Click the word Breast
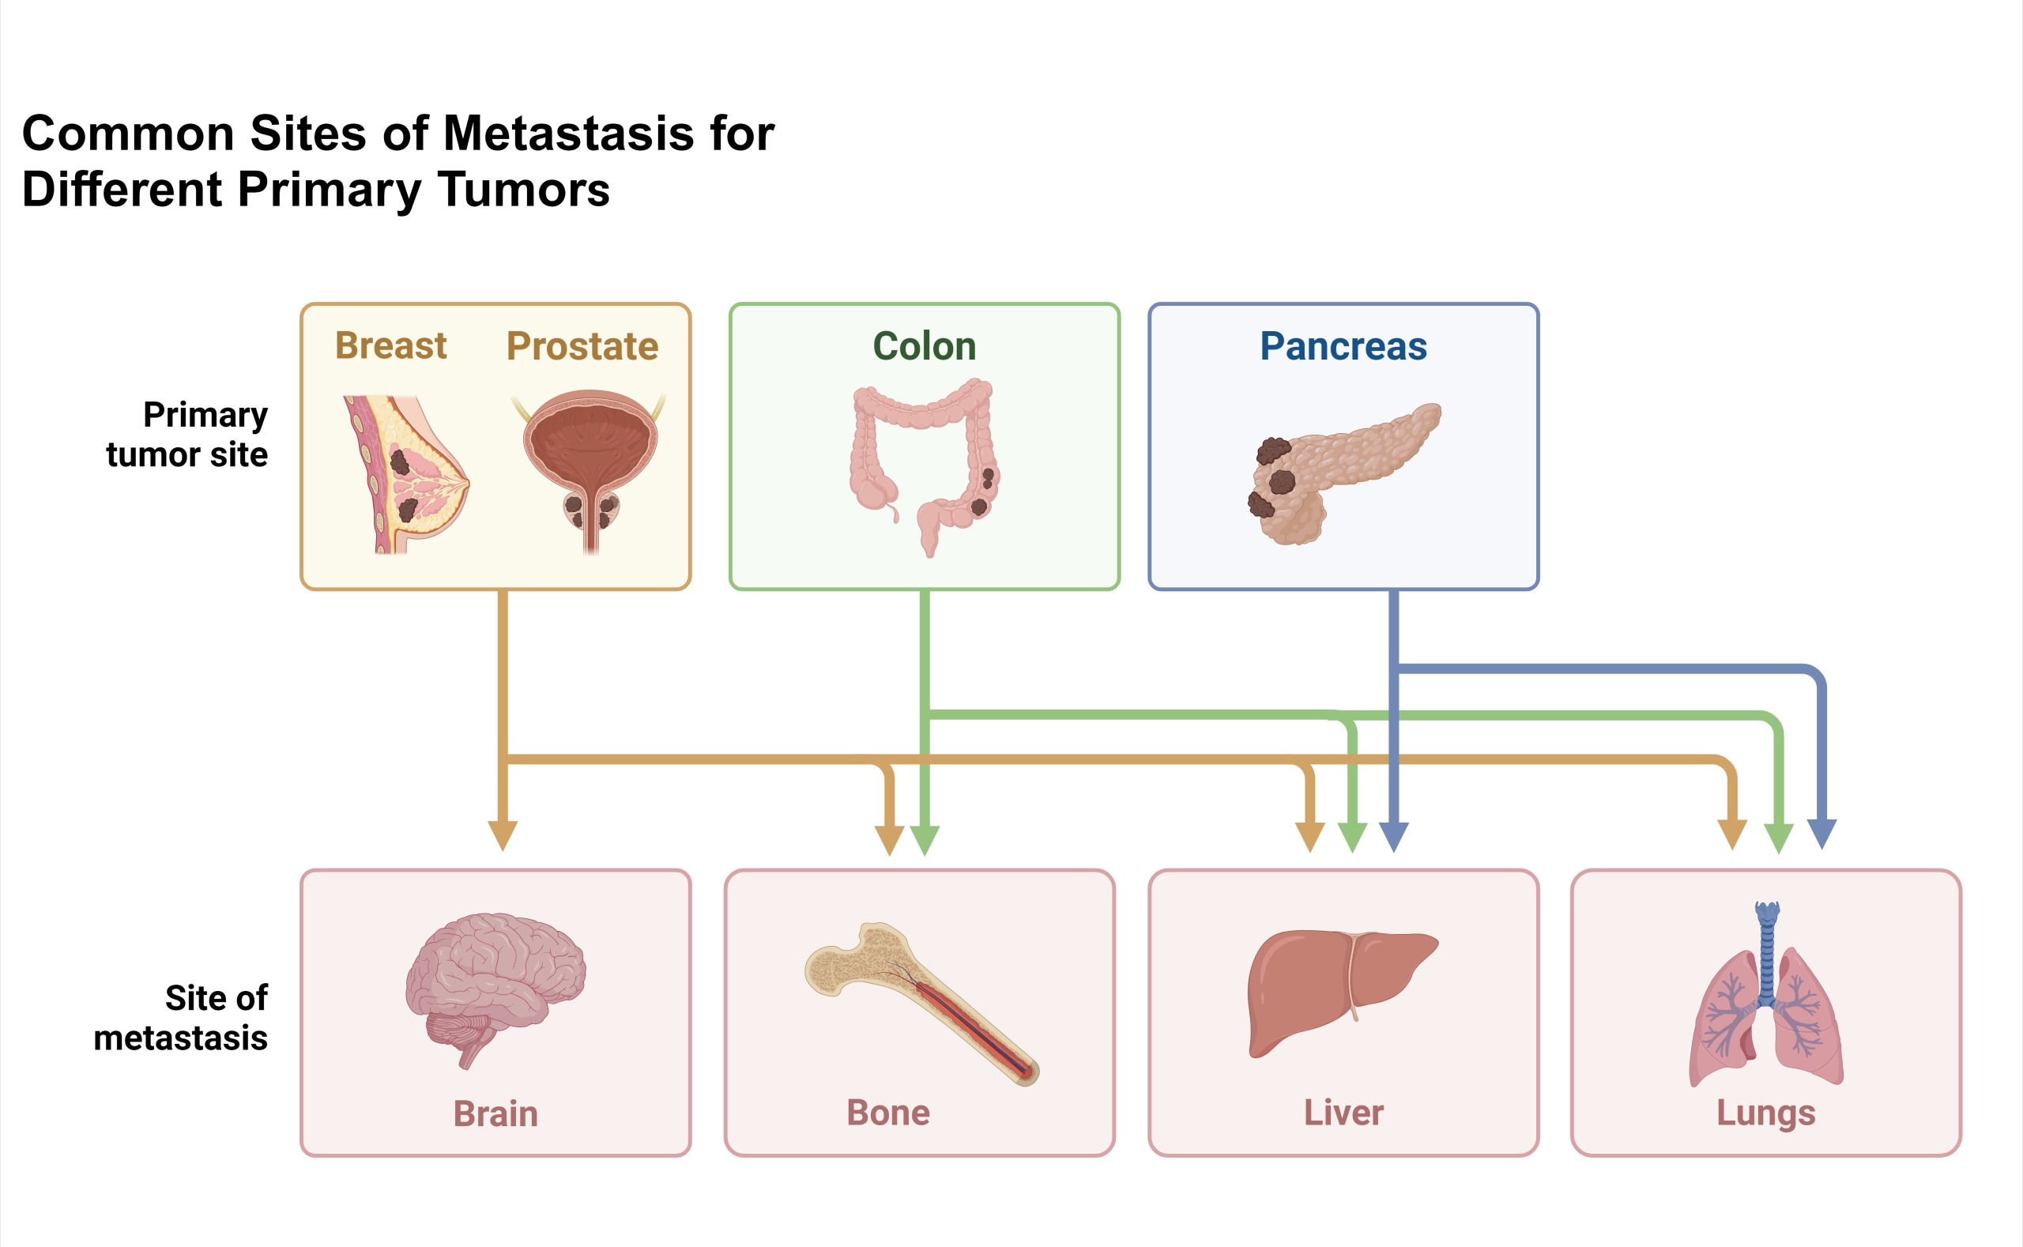pos(390,345)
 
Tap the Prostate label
pos(582,346)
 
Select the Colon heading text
pos(924,346)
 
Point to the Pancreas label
pos(1343,346)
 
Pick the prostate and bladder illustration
pos(590,470)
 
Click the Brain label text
pos(495,1113)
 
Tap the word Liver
pos(1343,1113)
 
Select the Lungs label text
pos(1765,1113)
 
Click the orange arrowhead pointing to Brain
pos(503,834)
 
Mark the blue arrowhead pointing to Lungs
pos(1821,833)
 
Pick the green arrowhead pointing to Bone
pos(925,839)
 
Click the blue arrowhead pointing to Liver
pos(1393,835)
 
